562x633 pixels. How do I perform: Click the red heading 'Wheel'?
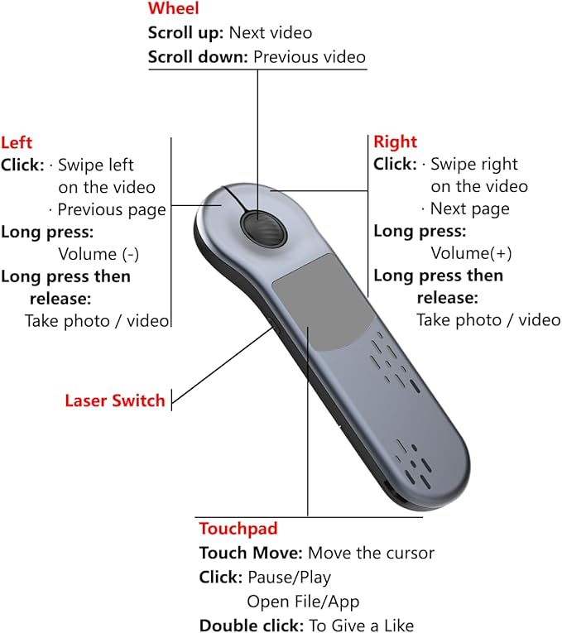pyautogui.click(x=173, y=10)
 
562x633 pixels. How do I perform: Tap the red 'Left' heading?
pyautogui.click(x=17, y=142)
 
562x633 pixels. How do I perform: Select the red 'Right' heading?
pyautogui.click(x=395, y=141)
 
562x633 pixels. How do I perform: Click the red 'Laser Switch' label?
pyautogui.click(x=115, y=401)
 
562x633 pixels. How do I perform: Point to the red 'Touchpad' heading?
pyautogui.click(x=238, y=529)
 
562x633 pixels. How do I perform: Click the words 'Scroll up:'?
pyautogui.click(x=186, y=34)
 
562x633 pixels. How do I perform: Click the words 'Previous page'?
pyautogui.click(x=111, y=209)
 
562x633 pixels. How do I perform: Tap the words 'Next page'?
pyautogui.click(x=469, y=209)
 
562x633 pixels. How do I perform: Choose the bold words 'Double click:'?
pyautogui.click(x=252, y=626)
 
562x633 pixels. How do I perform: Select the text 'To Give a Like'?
pyautogui.click(x=360, y=626)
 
